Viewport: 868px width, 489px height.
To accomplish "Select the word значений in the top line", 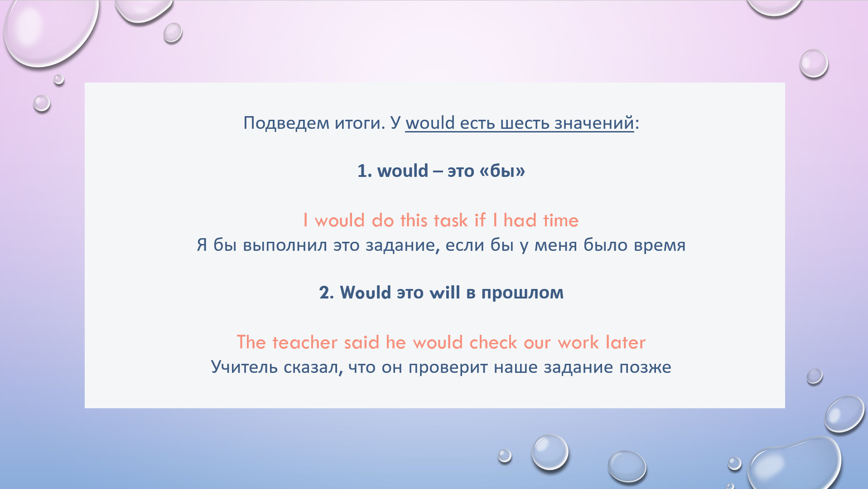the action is (594, 122).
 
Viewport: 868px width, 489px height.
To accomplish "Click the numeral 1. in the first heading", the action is (364, 171).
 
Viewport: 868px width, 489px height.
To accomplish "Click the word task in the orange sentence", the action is (451, 220).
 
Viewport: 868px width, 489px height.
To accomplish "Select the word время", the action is (660, 245).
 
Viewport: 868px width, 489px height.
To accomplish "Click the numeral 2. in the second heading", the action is (326, 293).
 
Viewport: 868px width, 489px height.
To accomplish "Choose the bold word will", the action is (444, 293).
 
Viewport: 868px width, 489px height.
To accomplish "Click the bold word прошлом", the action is (522, 293).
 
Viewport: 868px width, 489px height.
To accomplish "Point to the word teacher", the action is (305, 342).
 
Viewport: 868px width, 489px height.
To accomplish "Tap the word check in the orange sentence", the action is (493, 342).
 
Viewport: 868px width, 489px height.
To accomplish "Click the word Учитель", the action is (244, 367).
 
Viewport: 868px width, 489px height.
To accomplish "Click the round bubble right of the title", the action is (814, 64).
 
